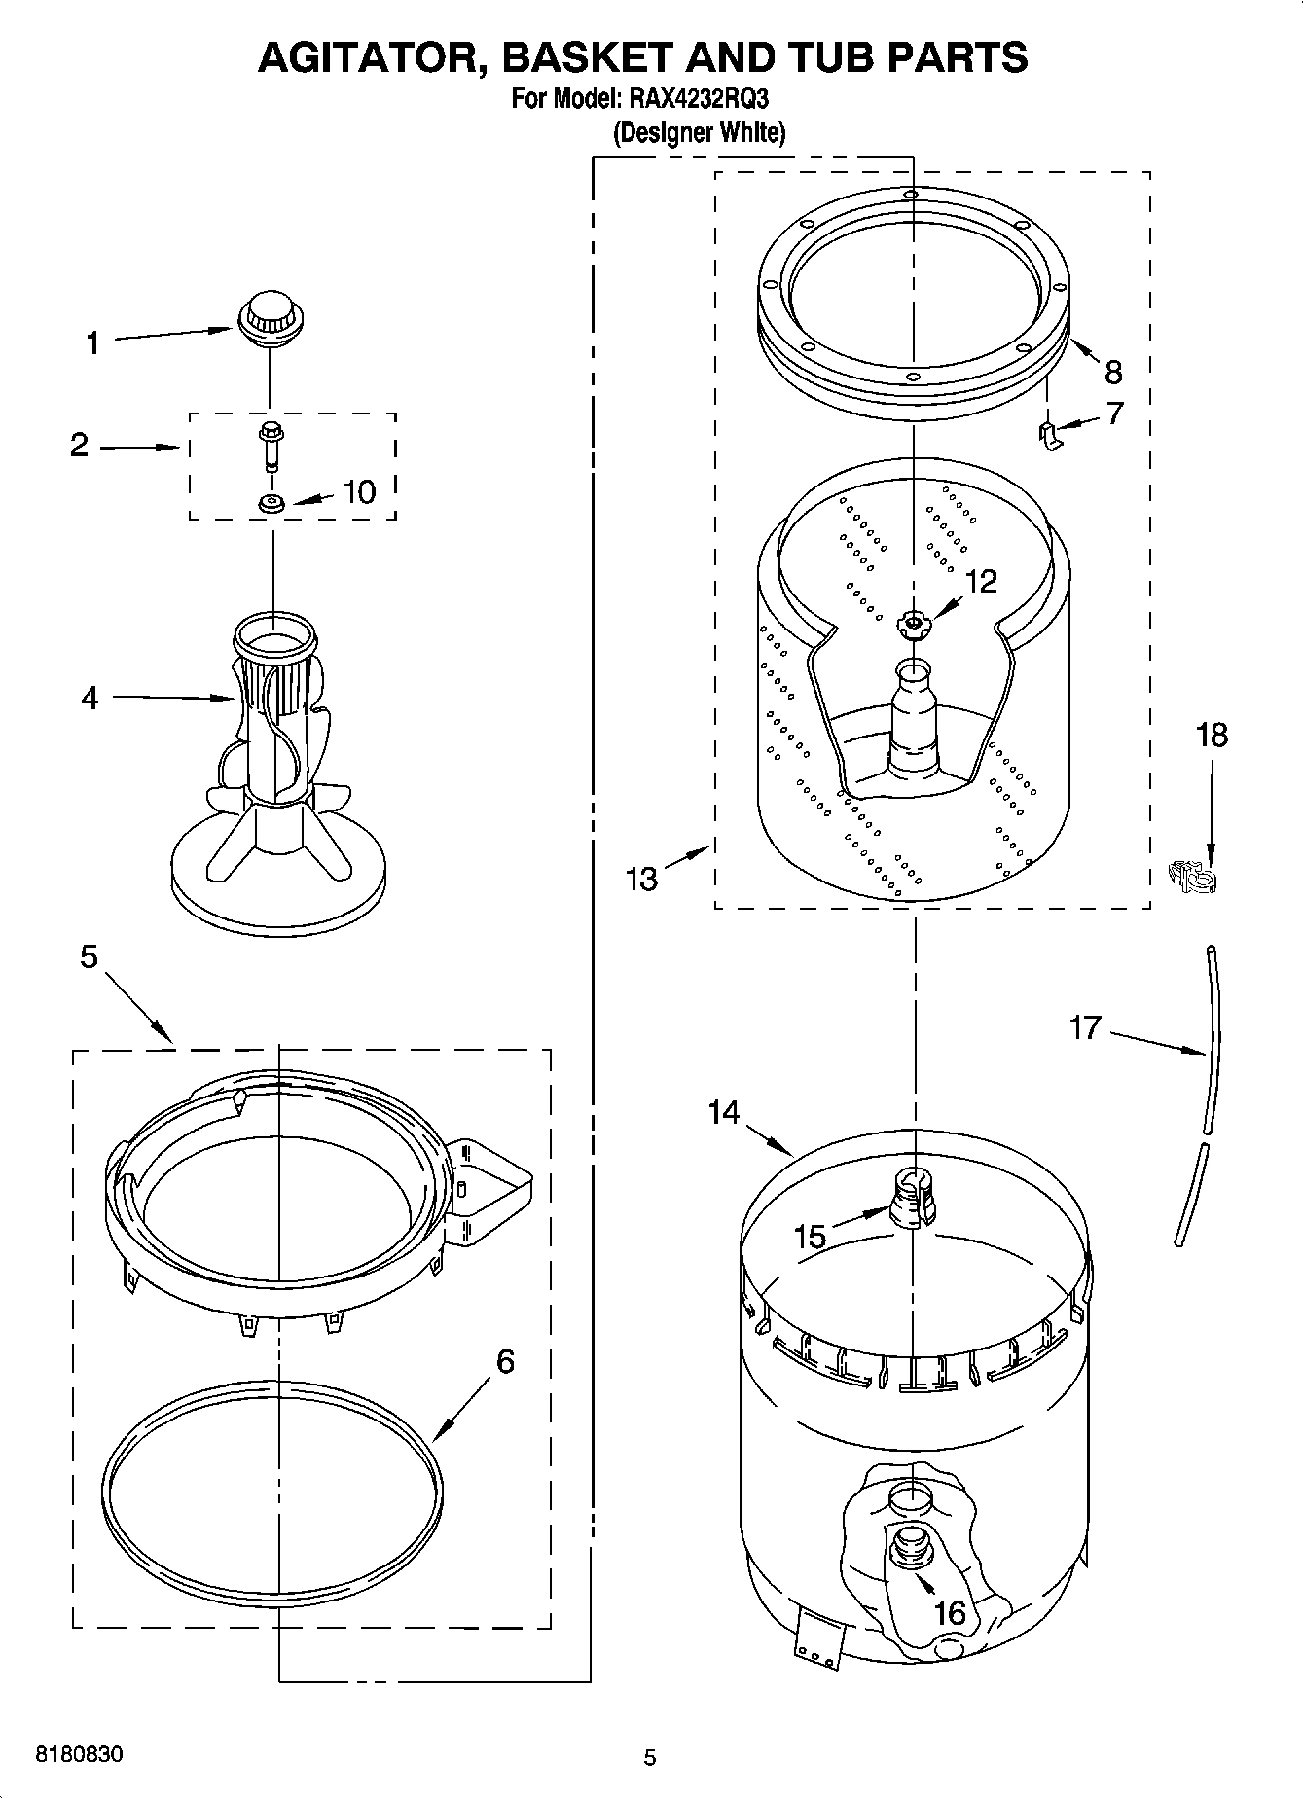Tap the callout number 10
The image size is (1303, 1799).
359,491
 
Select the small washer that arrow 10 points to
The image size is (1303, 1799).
271,503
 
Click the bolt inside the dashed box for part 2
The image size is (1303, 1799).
270,445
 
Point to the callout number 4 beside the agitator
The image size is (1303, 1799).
90,697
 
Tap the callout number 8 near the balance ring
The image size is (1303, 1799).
1113,372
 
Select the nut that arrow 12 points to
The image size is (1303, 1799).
912,623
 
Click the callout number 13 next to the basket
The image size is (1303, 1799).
642,879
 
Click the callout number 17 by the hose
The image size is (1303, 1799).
1086,1027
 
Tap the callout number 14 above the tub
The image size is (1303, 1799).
724,1112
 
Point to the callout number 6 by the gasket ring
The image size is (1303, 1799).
505,1361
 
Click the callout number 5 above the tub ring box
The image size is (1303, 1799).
89,957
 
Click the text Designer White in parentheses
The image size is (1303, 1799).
699,132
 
